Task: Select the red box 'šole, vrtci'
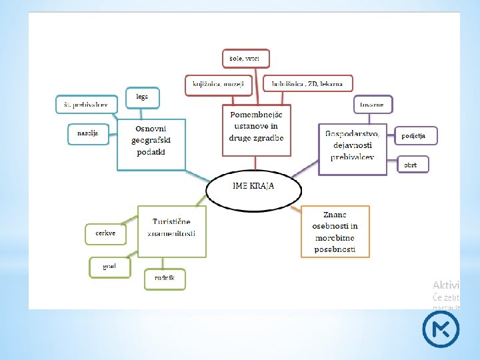click(245, 59)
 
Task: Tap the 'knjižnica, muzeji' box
click(215, 84)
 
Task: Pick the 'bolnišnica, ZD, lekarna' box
click(307, 84)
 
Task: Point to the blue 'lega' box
click(143, 97)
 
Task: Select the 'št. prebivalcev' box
click(86, 104)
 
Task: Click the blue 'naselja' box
click(87, 134)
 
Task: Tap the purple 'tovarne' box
click(373, 105)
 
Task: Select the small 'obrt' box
click(412, 164)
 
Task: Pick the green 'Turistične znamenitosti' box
click(171, 231)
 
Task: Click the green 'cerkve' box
click(105, 234)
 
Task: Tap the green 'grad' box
click(109, 267)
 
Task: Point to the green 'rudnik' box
click(165, 279)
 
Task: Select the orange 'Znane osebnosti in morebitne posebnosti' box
click(335, 231)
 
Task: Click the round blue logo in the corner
click(441, 329)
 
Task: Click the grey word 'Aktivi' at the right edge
click(446, 285)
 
